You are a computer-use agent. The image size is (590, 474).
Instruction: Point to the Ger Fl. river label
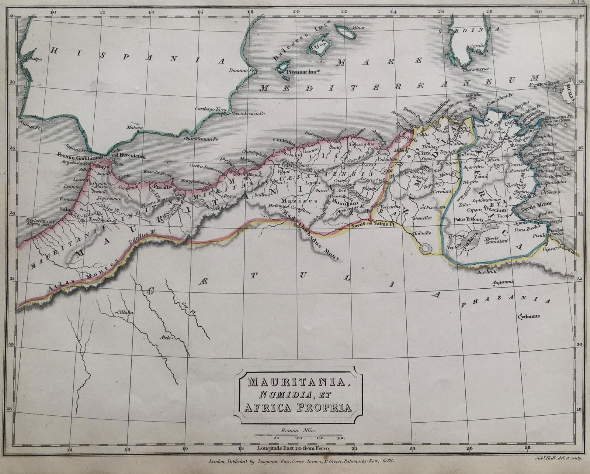click(183, 306)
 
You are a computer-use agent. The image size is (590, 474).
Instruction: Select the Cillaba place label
click(125, 312)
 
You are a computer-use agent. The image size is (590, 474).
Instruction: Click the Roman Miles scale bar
click(298, 436)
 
